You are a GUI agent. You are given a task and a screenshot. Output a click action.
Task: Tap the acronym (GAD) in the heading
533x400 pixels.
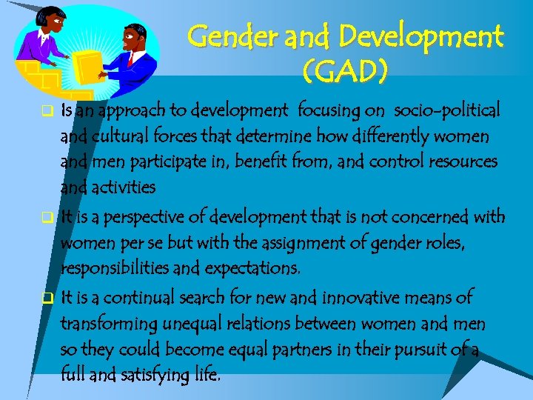click(345, 72)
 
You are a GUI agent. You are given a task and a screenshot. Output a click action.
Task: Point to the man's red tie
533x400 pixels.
click(131, 59)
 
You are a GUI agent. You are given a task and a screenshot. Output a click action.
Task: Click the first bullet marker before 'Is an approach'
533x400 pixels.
click(46, 113)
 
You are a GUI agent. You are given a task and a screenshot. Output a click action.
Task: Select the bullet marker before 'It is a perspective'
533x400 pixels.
click(46, 218)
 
